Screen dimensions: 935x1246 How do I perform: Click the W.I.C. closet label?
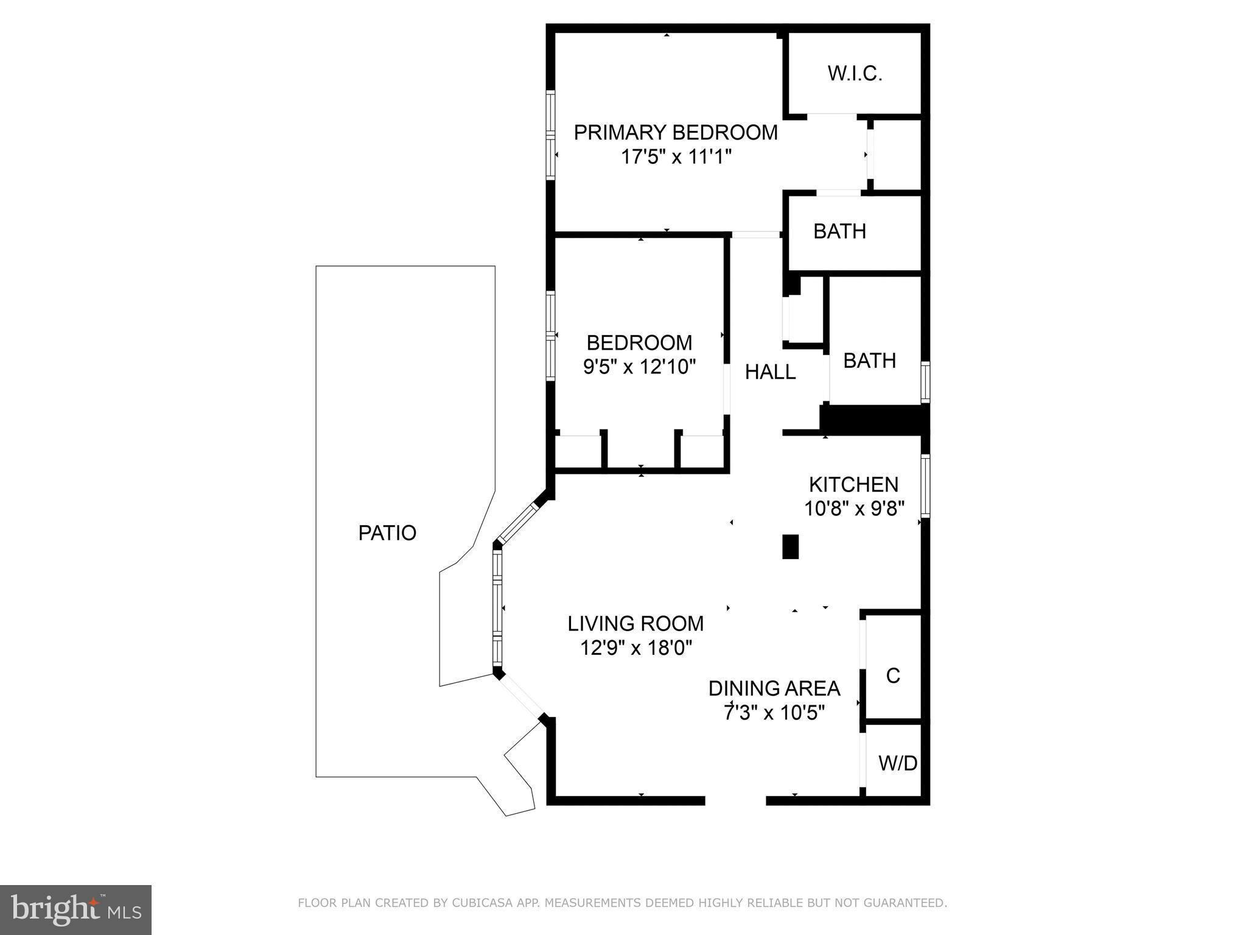coord(855,74)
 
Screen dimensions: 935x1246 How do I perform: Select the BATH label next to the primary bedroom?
coord(839,231)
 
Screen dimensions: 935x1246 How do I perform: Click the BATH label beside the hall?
coord(869,361)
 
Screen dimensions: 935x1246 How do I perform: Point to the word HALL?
coord(770,372)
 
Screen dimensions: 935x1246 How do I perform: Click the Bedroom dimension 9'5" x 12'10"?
coord(639,367)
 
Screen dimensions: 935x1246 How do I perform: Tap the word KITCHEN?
coord(853,485)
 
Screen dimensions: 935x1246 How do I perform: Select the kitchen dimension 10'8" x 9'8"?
coord(854,508)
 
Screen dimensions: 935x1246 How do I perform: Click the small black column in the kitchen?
coord(790,546)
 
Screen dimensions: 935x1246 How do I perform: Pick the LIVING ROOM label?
coord(635,624)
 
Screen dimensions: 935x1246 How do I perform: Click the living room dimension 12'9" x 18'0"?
coord(636,647)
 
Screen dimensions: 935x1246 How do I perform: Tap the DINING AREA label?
coord(774,688)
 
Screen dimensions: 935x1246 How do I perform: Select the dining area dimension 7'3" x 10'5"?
coord(774,712)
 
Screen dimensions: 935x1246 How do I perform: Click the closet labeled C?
coord(893,676)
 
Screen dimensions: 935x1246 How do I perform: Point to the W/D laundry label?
coord(898,763)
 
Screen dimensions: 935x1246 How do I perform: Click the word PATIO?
coord(387,533)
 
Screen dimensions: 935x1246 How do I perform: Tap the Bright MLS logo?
coord(75,909)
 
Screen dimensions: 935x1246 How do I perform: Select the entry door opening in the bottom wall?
coord(735,800)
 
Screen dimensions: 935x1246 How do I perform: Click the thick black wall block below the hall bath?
coord(873,420)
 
